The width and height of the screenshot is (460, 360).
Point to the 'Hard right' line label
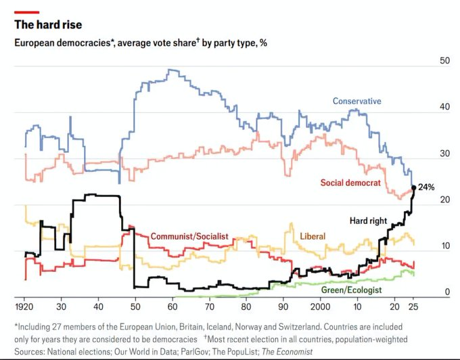[369, 221]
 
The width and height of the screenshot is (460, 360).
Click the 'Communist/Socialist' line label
[189, 236]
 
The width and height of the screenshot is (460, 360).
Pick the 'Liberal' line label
[313, 236]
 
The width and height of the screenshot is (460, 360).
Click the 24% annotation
[425, 187]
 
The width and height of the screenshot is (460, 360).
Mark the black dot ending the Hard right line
[413, 187]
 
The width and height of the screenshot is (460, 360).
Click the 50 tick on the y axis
[444, 61]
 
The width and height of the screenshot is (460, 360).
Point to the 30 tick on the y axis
[444, 154]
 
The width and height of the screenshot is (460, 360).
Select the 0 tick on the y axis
[447, 292]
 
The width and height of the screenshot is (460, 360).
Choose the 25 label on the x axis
[413, 305]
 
